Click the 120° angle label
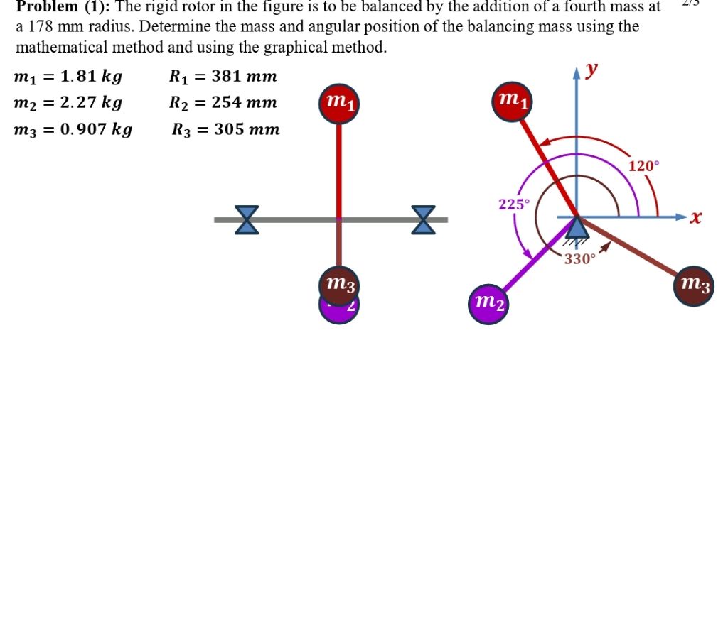[x=643, y=166]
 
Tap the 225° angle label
[x=513, y=204]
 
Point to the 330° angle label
[x=579, y=259]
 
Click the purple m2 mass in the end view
[x=488, y=305]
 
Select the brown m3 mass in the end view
[x=694, y=285]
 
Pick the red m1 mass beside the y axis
[x=512, y=102]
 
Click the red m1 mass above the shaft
[x=339, y=104]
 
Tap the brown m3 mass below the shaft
[x=339, y=285]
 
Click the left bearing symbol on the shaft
[x=247, y=220]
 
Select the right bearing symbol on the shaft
[x=424, y=220]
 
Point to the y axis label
[x=591, y=70]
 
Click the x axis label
[x=695, y=217]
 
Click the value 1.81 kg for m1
[x=92, y=76]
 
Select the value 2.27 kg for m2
[x=92, y=102]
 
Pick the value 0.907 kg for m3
[x=97, y=129]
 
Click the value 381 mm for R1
[x=245, y=76]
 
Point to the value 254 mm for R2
[x=245, y=102]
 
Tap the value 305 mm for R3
[x=247, y=129]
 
